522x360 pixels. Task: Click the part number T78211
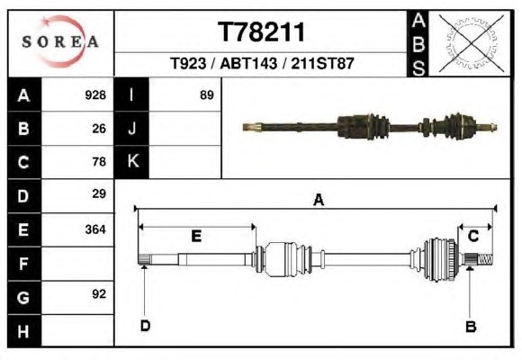pos(261,32)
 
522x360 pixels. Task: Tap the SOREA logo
pos(60,41)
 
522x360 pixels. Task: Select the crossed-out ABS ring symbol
pos(471,43)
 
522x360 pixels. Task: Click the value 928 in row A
pos(95,95)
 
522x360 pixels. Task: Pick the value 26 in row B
pos(99,129)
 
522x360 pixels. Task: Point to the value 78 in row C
pos(99,162)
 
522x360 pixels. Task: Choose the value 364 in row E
pos(95,229)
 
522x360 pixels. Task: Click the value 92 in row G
pos(99,294)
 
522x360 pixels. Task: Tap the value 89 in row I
pos(206,95)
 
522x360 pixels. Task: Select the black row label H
pos(24,331)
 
